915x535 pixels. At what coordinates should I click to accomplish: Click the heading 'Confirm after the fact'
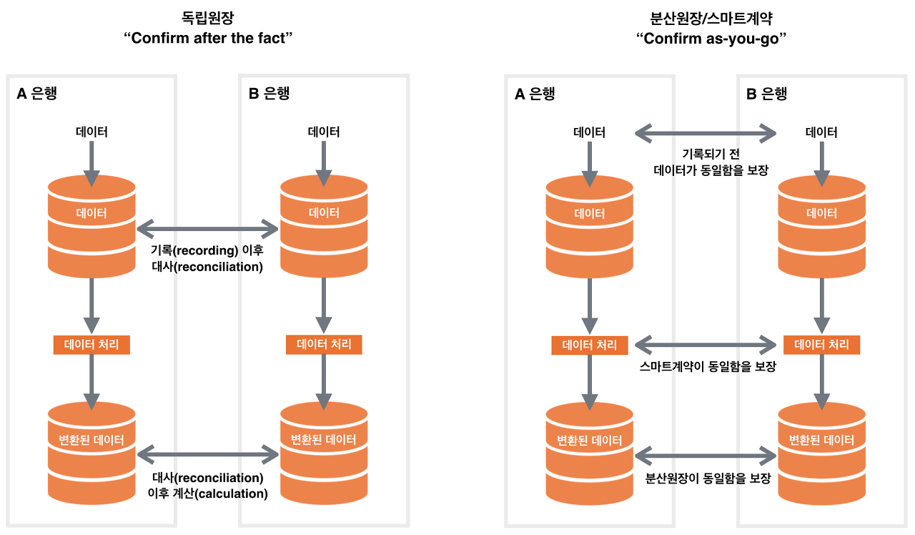pyautogui.click(x=209, y=38)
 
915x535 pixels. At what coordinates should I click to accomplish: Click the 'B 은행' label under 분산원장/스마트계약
pyautogui.click(x=767, y=94)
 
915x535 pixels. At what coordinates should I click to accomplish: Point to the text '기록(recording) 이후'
pyautogui.click(x=207, y=250)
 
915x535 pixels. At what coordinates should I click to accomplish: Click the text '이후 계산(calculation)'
pyautogui.click(x=207, y=494)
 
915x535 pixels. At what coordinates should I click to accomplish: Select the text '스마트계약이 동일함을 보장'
pyautogui.click(x=707, y=366)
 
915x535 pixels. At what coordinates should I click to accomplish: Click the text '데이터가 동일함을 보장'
pyautogui.click(x=707, y=171)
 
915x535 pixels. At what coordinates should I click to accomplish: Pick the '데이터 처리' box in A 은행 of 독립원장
pyautogui.click(x=91, y=345)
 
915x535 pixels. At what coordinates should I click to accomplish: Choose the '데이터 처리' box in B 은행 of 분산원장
pyautogui.click(x=821, y=345)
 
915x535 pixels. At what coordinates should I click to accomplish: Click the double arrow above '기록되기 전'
pyautogui.click(x=706, y=132)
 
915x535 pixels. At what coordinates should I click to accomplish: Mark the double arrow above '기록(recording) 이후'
pyautogui.click(x=207, y=230)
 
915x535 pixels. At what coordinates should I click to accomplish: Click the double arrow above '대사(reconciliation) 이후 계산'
pyautogui.click(x=207, y=453)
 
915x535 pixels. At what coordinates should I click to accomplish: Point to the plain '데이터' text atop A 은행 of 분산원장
pyautogui.click(x=590, y=132)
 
